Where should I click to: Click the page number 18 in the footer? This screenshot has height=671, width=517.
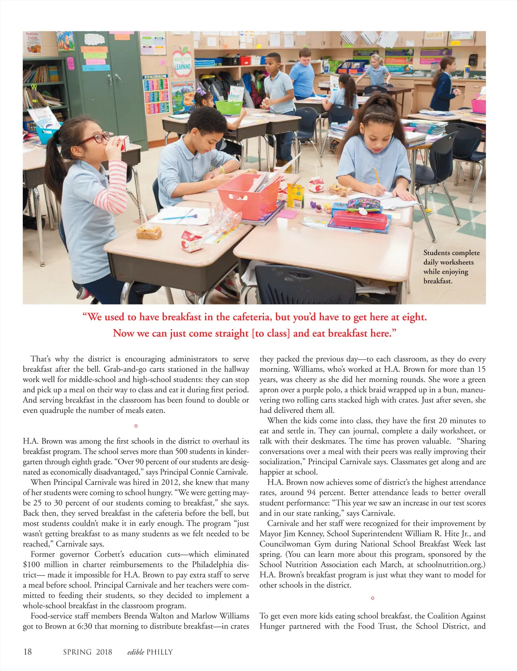[x=28, y=652]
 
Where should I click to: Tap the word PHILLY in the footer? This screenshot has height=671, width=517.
[x=159, y=652]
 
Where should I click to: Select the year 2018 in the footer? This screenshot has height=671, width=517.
[x=104, y=652]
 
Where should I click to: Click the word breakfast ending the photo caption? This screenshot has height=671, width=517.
[x=437, y=281]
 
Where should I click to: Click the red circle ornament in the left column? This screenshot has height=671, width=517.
[x=136, y=426]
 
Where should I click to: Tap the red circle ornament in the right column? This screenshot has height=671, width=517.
[x=372, y=598]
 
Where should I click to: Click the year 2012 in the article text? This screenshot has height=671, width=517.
[x=166, y=482]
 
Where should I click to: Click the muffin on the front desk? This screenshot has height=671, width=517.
[x=149, y=232]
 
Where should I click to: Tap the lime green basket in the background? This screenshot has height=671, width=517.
[x=228, y=106]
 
